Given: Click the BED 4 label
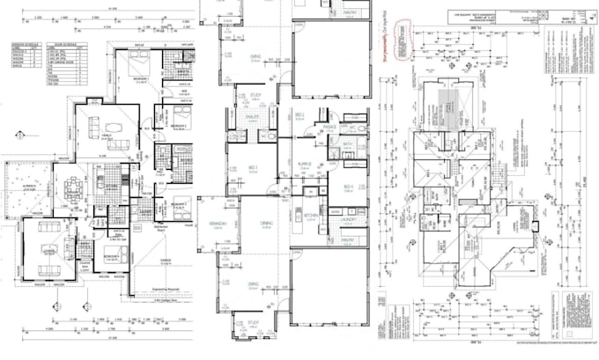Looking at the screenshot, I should point(349,187).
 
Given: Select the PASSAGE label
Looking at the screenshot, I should point(329,127).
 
